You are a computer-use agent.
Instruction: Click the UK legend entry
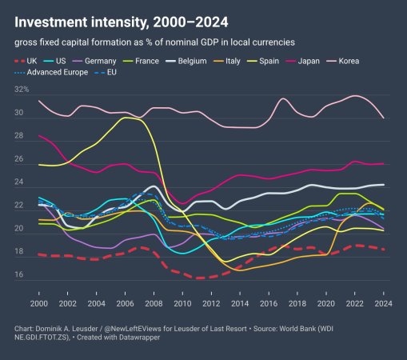tap(26, 61)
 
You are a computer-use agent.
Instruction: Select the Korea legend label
tap(343, 61)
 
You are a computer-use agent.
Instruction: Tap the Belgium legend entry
tap(186, 61)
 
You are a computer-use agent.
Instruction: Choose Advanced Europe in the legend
tap(51, 72)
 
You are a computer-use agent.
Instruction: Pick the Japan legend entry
tap(302, 61)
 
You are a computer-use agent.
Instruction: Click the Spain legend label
tap(263, 61)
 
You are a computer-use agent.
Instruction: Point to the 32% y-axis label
tap(22, 90)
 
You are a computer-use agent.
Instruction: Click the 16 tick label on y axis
tap(18, 274)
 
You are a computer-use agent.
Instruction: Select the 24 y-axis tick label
tap(18, 182)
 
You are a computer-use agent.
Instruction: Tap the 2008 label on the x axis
tap(154, 303)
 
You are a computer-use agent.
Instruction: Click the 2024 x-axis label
tap(383, 303)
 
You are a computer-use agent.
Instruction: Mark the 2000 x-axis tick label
tap(39, 303)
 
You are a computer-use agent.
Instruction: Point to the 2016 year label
tap(269, 303)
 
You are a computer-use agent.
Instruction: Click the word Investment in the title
tap(51, 22)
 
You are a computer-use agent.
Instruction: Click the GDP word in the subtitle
tap(209, 42)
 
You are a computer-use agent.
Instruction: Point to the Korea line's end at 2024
tap(384, 118)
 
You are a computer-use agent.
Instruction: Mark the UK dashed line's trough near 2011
tap(200, 278)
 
